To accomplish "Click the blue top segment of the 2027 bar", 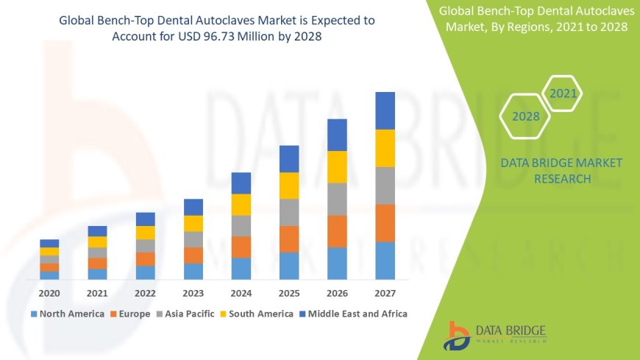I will coord(385,110).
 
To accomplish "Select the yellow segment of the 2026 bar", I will coord(337,166).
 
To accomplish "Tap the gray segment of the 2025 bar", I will coord(289,212).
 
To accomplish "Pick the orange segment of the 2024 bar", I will coord(241,247).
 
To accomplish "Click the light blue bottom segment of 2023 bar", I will coord(193,271).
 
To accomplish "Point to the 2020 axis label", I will coord(49,292).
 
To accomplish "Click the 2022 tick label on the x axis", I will coord(145,292).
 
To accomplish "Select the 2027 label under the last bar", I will coord(385,292).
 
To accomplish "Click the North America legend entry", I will coord(67,314).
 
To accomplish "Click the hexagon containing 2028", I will coord(526,116).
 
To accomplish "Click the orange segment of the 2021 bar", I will coord(97,263).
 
